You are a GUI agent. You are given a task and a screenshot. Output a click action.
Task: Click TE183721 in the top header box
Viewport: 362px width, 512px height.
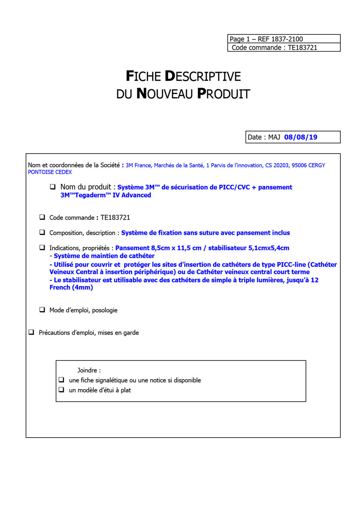click(x=303, y=48)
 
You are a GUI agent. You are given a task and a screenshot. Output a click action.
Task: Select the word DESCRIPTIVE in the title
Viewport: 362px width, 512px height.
click(x=203, y=76)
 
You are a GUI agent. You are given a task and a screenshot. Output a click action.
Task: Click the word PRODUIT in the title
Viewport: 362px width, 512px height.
click(x=224, y=94)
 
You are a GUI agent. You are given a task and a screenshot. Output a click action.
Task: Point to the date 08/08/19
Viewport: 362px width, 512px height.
click(x=300, y=137)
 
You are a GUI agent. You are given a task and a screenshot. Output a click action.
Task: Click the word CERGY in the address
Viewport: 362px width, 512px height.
click(x=316, y=166)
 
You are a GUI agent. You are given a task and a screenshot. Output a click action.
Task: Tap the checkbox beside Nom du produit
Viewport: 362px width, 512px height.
click(x=53, y=187)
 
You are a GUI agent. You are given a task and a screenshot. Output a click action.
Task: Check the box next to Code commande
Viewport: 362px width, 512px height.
click(x=42, y=218)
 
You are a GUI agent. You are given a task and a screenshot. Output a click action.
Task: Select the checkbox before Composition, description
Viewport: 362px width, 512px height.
click(x=42, y=232)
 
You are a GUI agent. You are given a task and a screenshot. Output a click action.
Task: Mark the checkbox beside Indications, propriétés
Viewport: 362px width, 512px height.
click(x=42, y=248)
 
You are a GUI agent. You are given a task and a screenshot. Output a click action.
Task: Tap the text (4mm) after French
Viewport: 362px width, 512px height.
click(x=82, y=288)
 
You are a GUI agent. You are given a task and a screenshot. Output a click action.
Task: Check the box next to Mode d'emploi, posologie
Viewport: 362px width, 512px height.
click(x=42, y=310)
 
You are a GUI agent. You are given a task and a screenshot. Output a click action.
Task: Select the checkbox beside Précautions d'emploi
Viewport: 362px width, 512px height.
click(x=31, y=332)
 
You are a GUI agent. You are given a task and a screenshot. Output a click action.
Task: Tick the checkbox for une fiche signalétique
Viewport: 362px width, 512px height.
click(x=61, y=380)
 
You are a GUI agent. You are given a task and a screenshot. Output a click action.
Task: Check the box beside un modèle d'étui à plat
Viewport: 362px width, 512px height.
click(x=61, y=390)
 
